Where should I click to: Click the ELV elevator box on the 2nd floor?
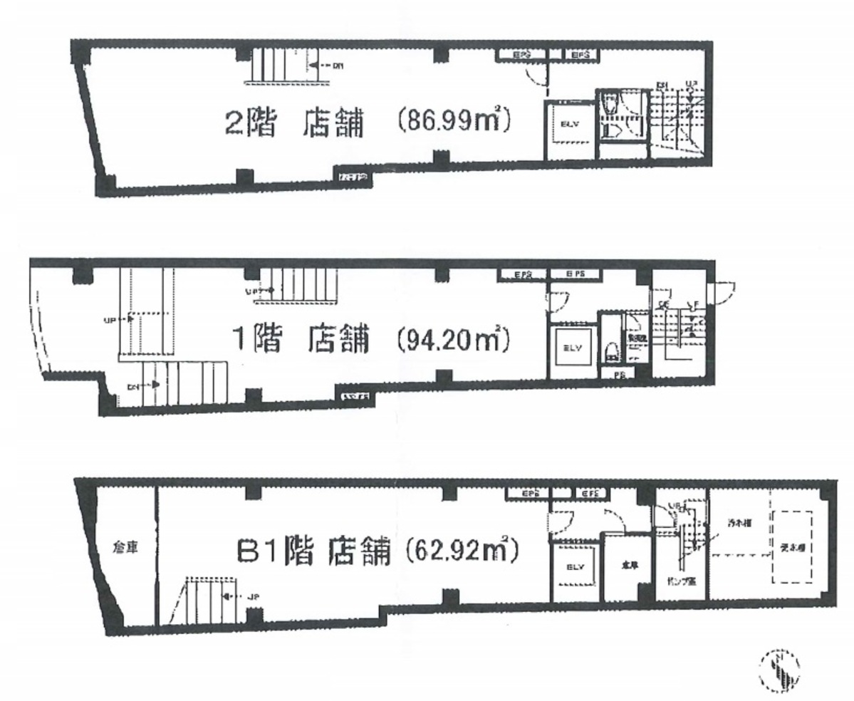(x=569, y=124)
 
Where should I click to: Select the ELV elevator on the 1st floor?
(x=573, y=348)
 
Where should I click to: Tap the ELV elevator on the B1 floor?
(x=575, y=567)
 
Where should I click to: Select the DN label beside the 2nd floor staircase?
(x=337, y=66)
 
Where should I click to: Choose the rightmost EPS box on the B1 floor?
(x=591, y=493)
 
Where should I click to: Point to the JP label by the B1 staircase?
(x=251, y=597)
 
